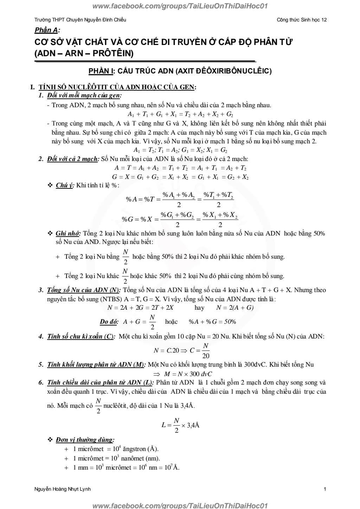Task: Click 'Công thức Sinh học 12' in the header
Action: pyautogui.click(x=302, y=20)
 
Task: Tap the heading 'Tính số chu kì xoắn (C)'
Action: pyautogui.click(x=81, y=336)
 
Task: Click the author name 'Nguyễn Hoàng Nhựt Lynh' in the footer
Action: pyautogui.click(x=63, y=489)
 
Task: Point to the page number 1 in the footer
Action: pyautogui.click(x=325, y=489)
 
